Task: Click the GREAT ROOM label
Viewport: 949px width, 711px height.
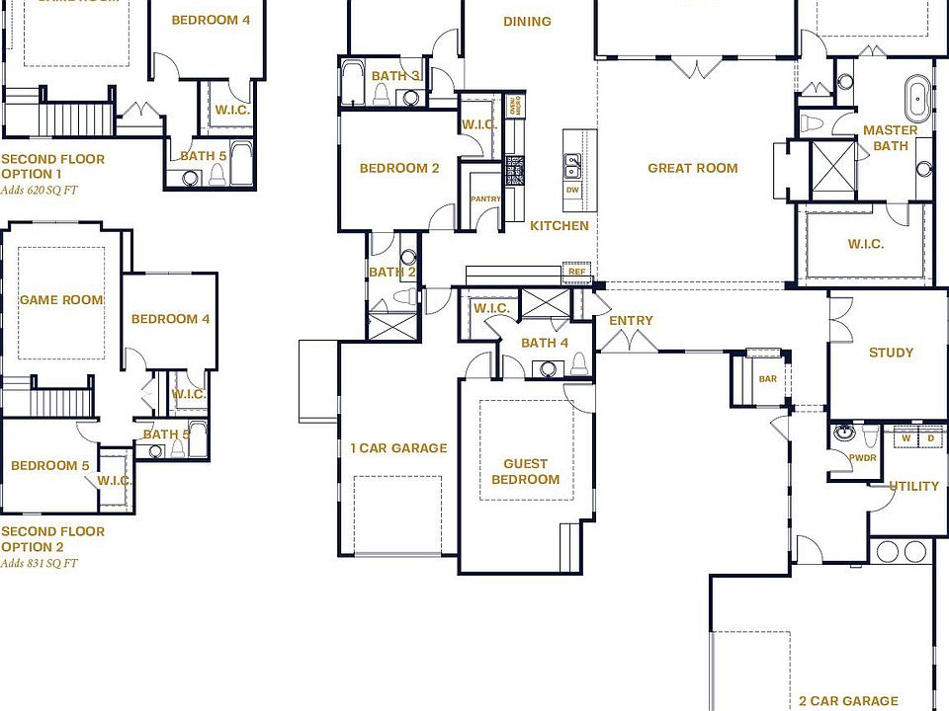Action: pos(692,168)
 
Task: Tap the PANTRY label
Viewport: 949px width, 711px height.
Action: pos(485,198)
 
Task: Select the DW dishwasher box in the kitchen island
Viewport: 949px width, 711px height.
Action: pos(572,190)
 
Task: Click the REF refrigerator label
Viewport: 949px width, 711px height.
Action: pos(576,272)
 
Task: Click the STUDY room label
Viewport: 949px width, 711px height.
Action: pos(891,353)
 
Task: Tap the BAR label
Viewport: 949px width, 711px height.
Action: pos(767,378)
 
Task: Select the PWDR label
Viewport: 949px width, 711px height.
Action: pos(862,457)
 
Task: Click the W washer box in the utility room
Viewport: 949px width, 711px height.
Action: pos(906,437)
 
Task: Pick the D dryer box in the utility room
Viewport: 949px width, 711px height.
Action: pos(930,437)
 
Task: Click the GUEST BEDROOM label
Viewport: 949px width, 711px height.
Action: pos(525,471)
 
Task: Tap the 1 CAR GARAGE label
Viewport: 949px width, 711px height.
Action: pos(398,448)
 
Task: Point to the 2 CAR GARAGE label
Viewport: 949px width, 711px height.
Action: pos(848,701)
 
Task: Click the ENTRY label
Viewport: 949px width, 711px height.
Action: pos(631,320)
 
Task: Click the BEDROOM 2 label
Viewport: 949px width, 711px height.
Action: pos(399,168)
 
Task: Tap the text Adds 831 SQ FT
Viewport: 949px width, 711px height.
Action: pos(39,564)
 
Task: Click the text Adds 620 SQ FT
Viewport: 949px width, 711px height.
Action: pos(39,191)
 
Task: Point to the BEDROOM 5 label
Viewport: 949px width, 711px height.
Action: pos(49,465)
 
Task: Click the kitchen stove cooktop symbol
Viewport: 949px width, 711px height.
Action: pos(513,170)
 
